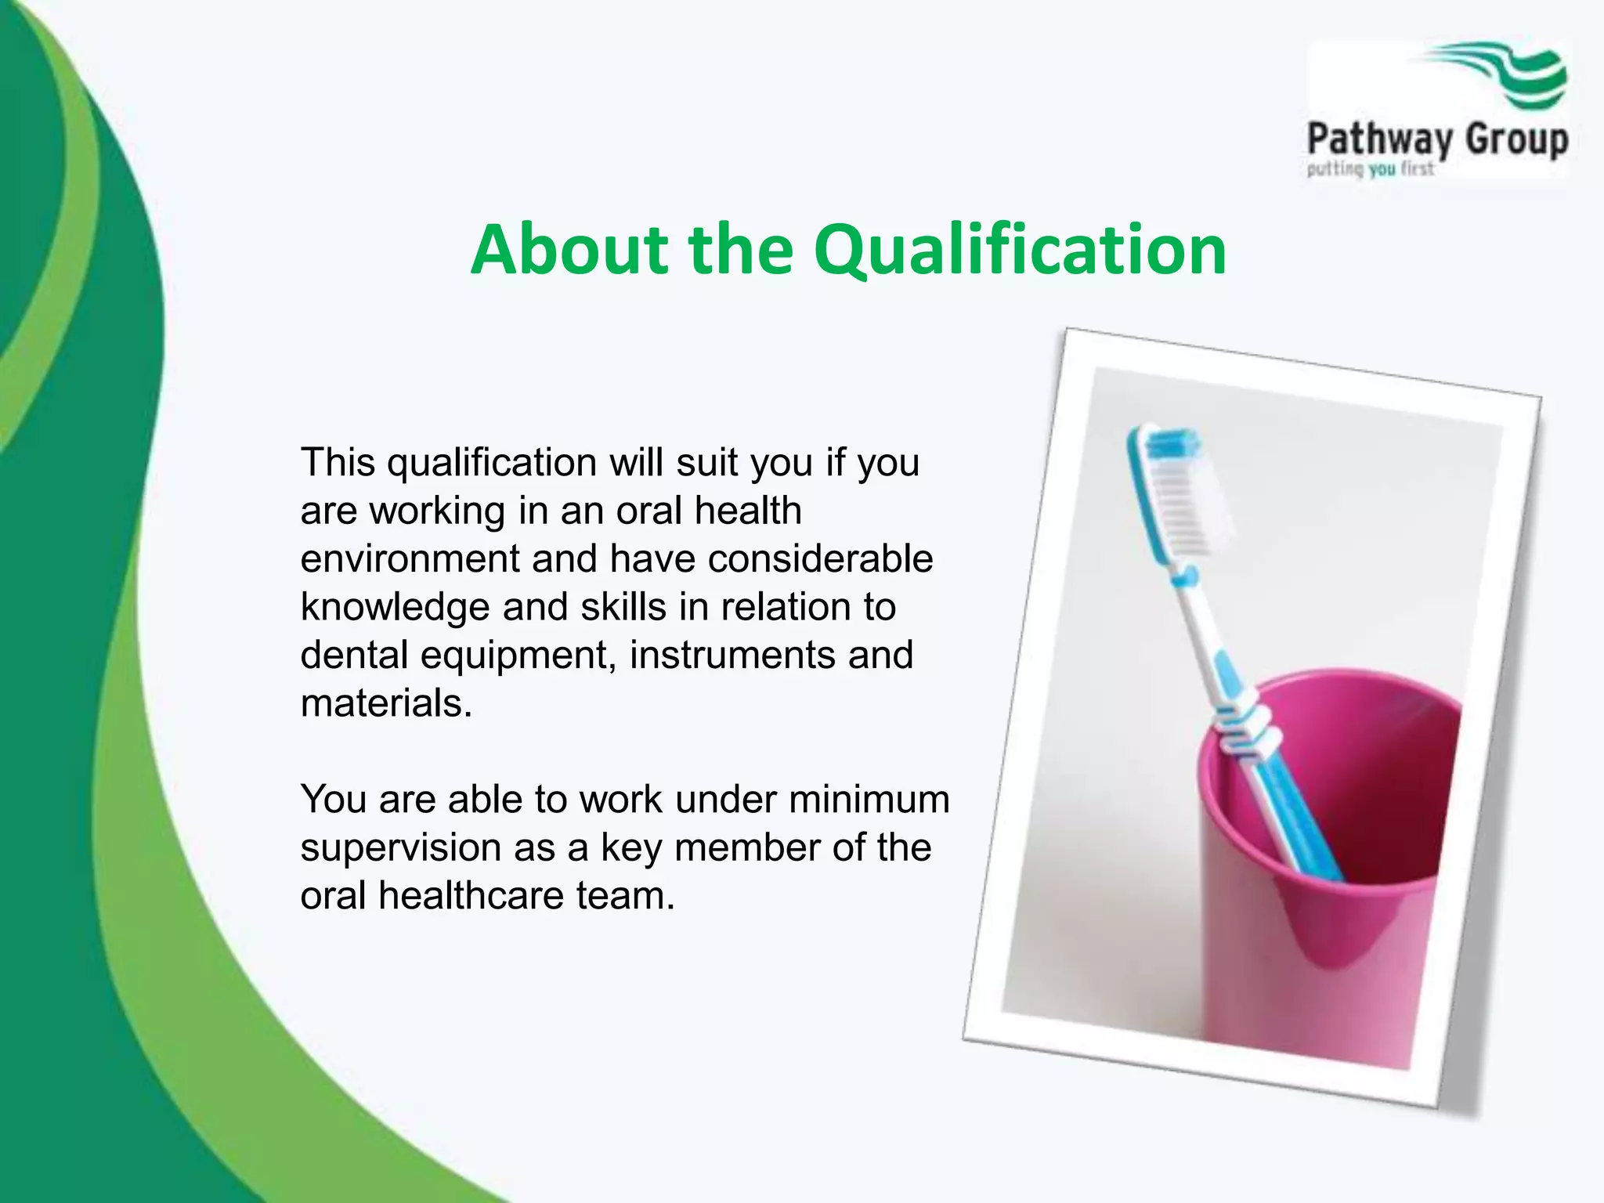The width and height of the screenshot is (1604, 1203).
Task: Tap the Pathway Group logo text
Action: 1437,140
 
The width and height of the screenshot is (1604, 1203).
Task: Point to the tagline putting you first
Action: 1370,169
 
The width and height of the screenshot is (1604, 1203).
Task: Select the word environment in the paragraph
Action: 410,559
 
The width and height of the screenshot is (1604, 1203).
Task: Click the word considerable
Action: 820,559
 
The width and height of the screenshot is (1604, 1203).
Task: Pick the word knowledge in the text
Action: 395,608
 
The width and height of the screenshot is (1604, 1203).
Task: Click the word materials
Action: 385,703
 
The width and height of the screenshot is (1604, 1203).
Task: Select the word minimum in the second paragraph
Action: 869,800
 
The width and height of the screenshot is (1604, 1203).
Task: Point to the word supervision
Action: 400,848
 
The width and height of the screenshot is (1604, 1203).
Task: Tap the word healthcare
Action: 471,896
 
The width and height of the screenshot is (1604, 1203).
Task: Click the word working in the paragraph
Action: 437,511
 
